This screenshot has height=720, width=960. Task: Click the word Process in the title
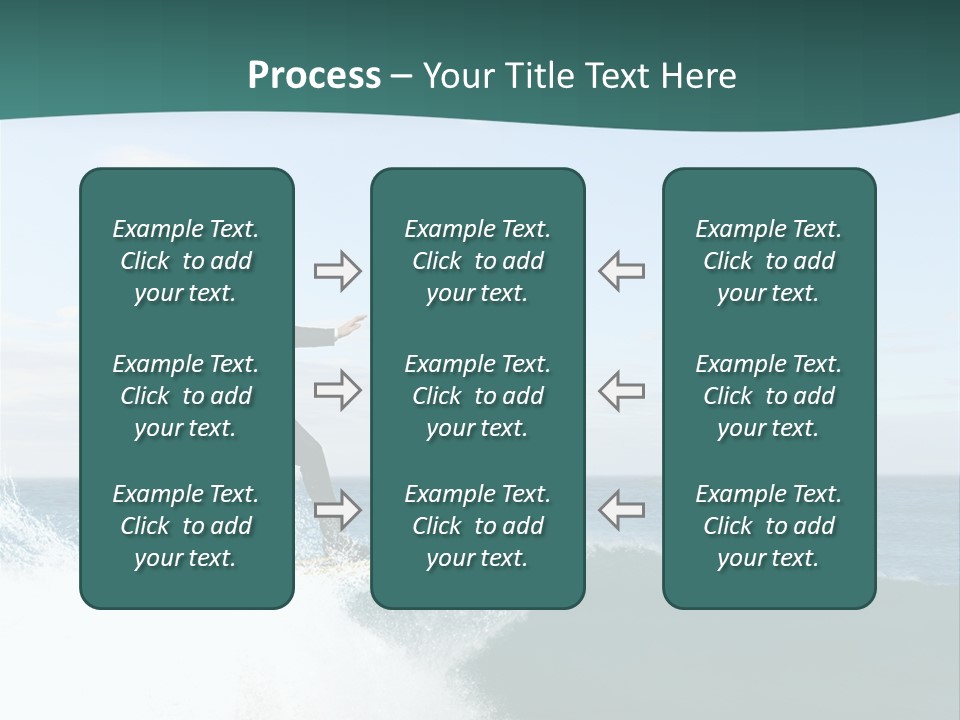tap(314, 76)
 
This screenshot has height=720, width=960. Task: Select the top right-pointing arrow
tap(337, 271)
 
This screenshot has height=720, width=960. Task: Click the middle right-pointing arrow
tap(337, 390)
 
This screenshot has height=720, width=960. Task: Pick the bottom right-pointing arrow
tap(337, 510)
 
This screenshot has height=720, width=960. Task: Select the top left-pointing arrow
tap(622, 271)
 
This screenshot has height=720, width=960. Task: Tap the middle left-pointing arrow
tap(622, 390)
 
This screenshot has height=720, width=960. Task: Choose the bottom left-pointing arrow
tap(622, 510)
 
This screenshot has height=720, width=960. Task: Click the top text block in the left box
tap(186, 261)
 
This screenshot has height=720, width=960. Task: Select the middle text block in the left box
tap(186, 396)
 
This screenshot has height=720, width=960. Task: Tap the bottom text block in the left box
tap(186, 526)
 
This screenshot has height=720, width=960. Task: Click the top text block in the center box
tap(477, 261)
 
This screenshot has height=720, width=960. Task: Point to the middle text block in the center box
tap(477, 396)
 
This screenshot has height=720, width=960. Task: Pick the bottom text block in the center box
tap(477, 526)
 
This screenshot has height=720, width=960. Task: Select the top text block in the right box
tap(768, 261)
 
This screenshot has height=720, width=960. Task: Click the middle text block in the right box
tap(768, 396)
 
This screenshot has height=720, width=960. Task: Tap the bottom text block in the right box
tap(768, 526)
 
